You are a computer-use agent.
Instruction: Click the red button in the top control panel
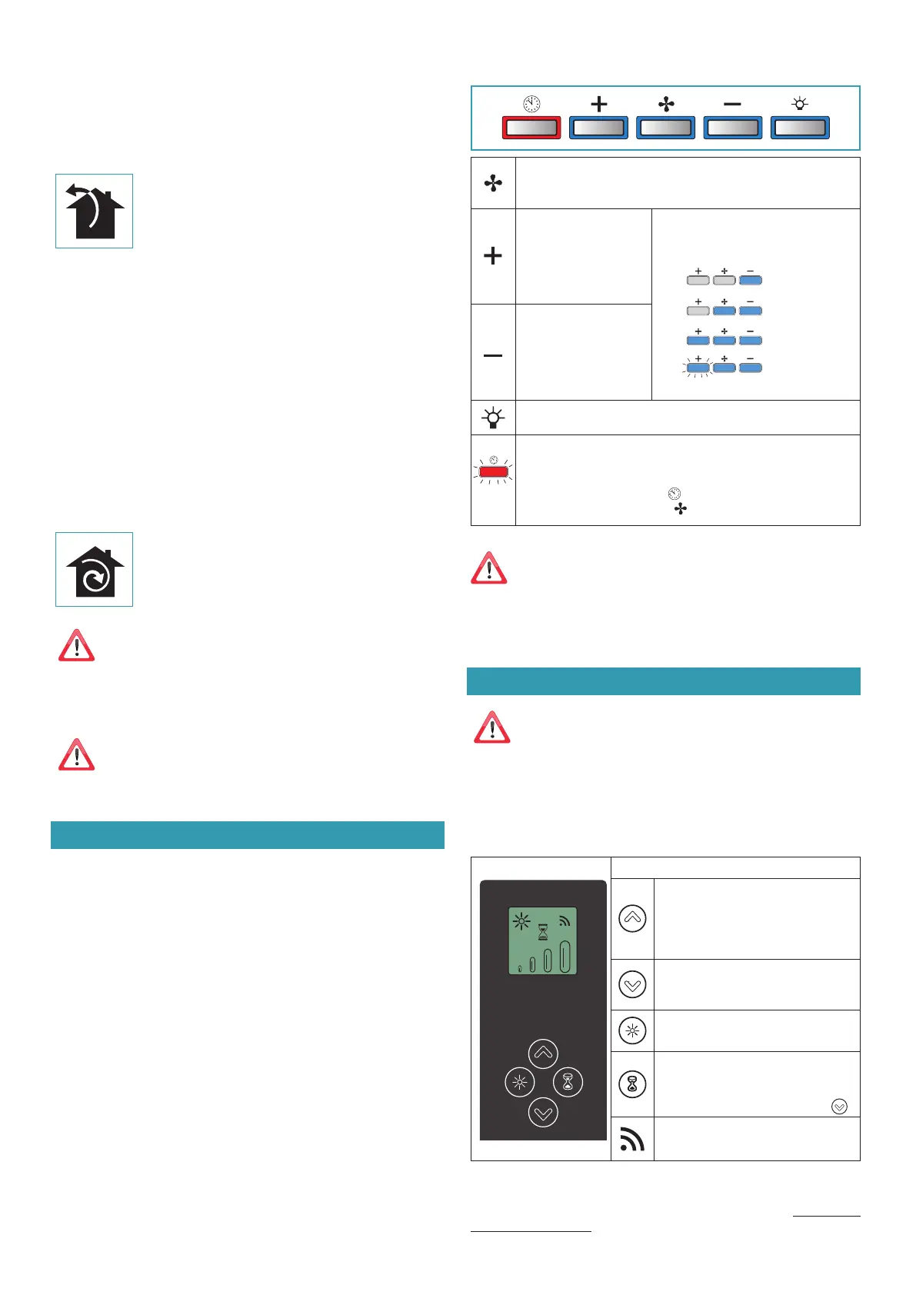coord(531,128)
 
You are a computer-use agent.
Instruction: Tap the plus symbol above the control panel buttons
coord(598,104)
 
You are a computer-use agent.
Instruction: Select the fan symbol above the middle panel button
coord(666,104)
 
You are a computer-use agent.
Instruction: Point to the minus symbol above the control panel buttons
coord(732,104)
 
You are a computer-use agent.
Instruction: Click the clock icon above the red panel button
coord(531,104)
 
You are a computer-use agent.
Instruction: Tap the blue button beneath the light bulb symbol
coord(800,128)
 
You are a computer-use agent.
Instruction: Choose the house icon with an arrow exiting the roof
coord(94,211)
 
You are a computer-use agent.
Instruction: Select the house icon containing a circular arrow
coord(94,570)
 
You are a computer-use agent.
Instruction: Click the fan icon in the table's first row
coord(493,183)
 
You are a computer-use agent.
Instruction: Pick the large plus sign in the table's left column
coord(493,256)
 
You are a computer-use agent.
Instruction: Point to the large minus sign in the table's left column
coord(493,355)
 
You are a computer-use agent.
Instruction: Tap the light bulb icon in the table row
coord(493,418)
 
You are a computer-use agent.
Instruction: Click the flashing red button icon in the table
coord(493,471)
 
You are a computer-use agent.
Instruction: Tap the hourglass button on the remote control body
coord(568,1082)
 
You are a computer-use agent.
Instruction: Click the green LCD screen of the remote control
coord(542,940)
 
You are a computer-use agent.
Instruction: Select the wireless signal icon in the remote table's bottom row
coord(632,1139)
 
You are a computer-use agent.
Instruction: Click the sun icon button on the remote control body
coord(519,1082)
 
